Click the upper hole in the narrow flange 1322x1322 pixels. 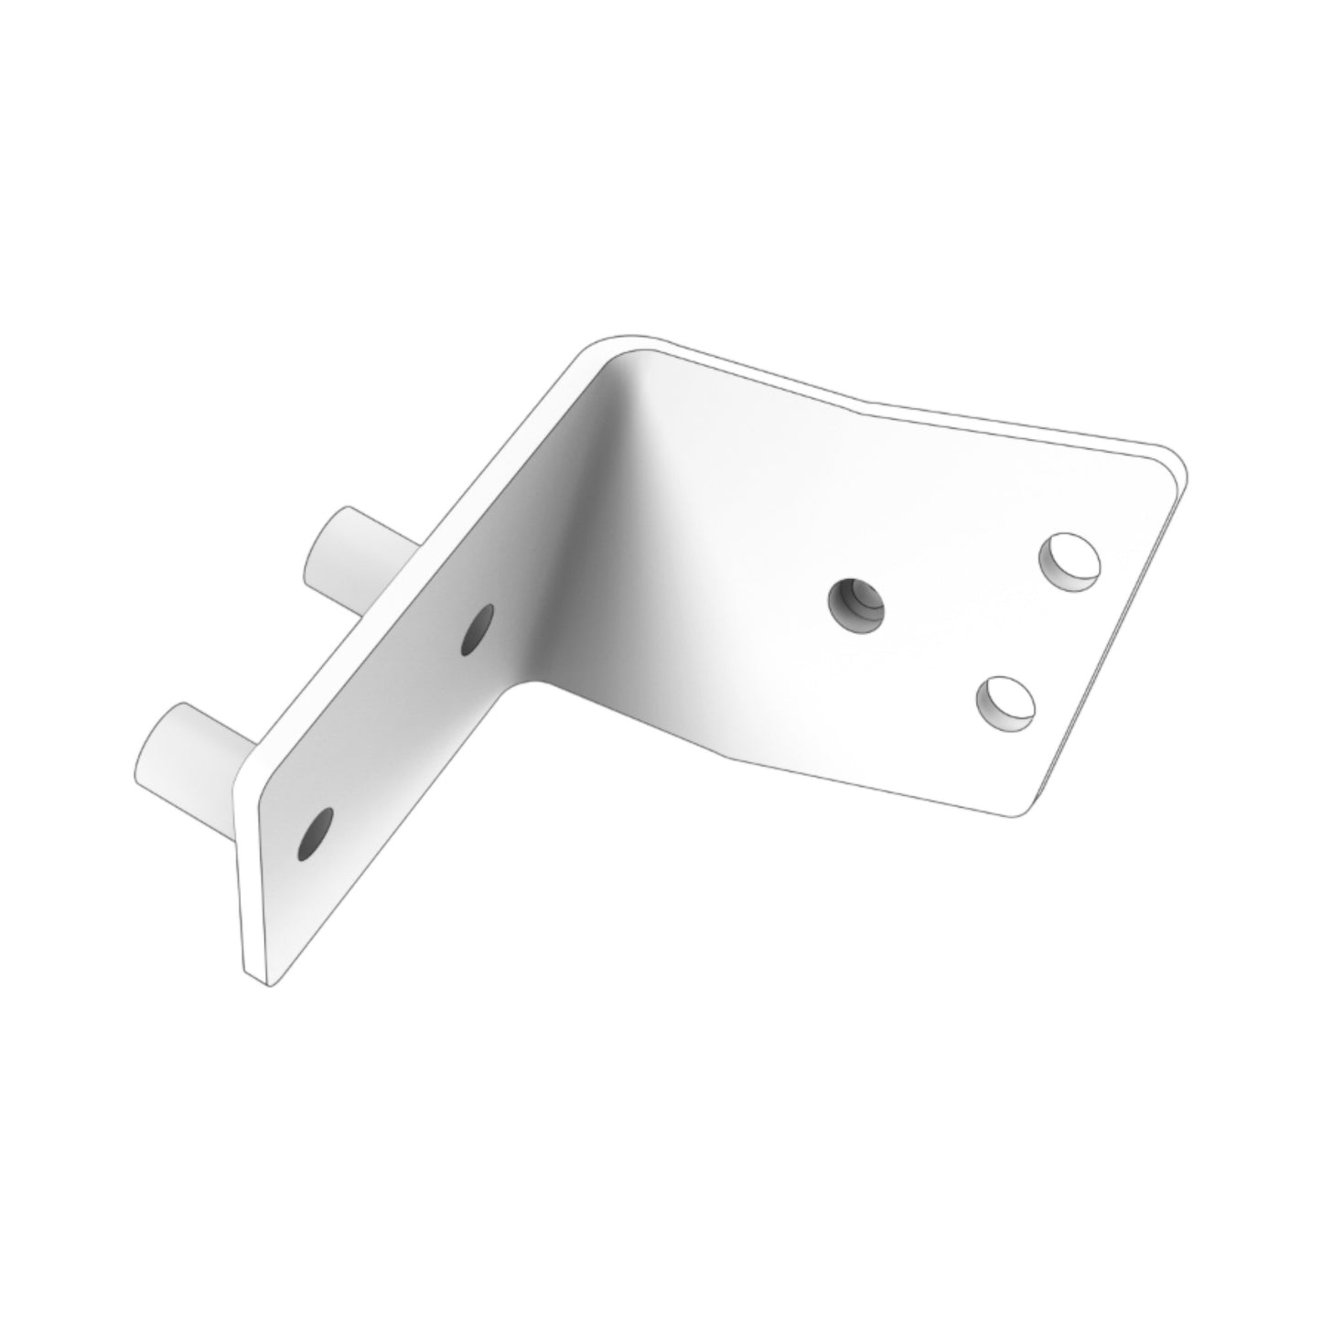478,629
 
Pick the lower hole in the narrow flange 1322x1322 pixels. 315,833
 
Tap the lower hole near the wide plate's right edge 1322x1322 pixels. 1005,702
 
